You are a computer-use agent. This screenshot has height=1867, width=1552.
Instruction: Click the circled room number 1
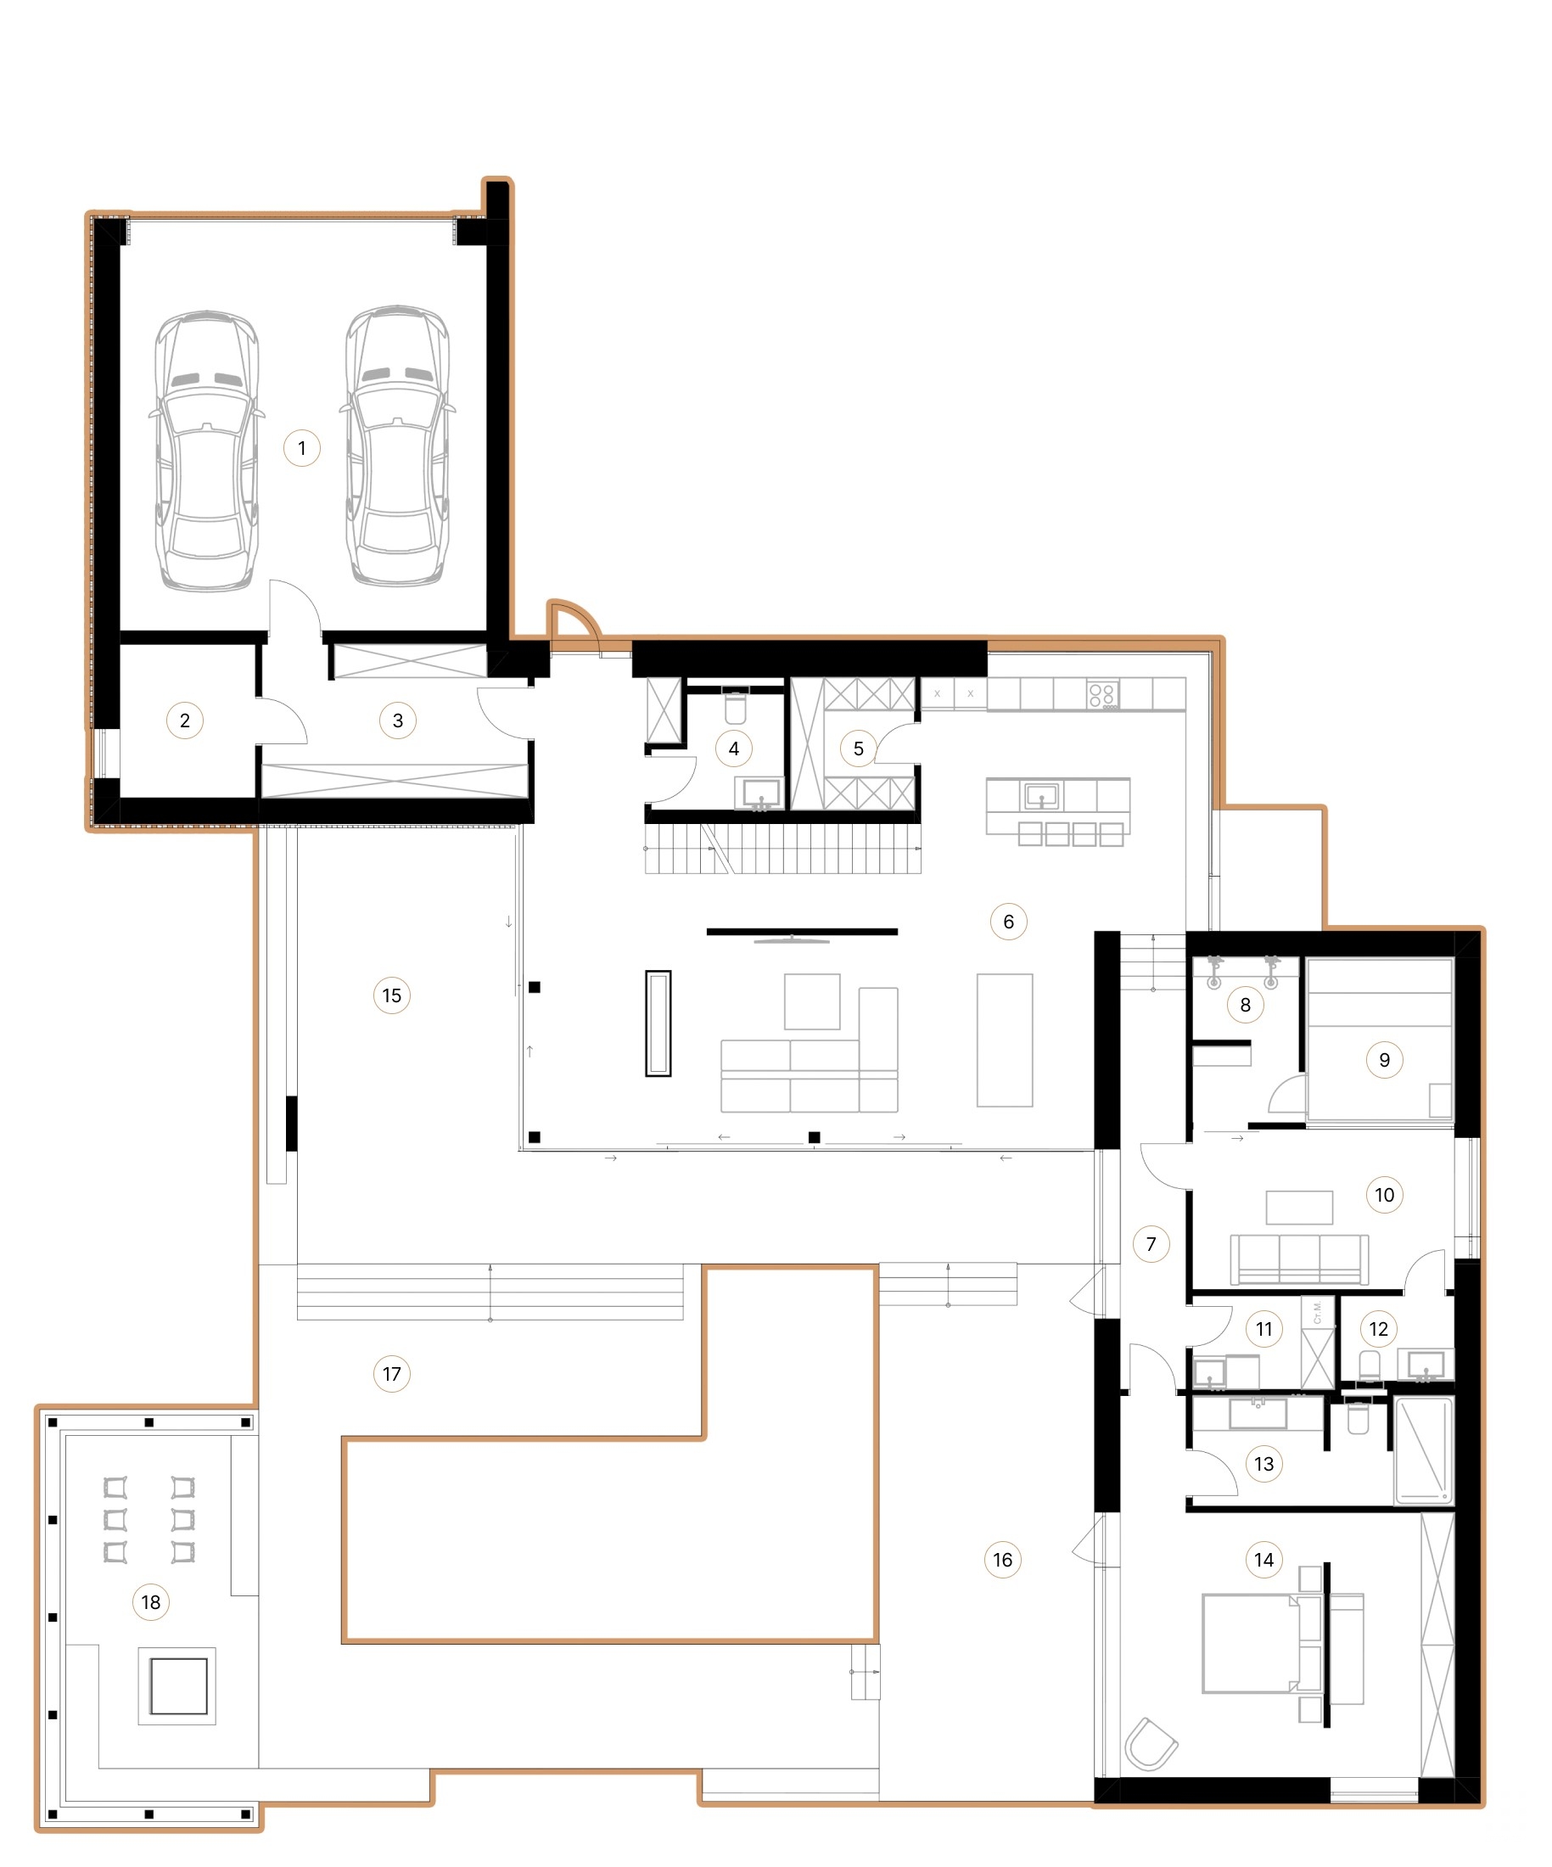(301, 447)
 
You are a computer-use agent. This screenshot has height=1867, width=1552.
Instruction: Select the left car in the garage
(207, 451)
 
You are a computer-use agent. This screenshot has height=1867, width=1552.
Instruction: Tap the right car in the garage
(397, 447)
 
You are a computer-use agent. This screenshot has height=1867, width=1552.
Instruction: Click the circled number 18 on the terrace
(150, 1602)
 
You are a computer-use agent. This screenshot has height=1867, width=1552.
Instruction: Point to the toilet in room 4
(735, 708)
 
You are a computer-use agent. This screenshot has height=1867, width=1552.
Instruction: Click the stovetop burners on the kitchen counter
(1102, 694)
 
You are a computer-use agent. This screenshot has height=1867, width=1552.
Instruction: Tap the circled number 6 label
(1008, 921)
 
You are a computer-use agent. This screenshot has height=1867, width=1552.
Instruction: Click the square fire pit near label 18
(178, 1686)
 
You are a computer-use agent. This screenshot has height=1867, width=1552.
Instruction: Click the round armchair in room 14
(1151, 1744)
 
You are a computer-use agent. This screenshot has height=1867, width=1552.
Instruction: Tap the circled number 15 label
(391, 995)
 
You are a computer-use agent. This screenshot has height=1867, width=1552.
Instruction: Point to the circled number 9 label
(1384, 1059)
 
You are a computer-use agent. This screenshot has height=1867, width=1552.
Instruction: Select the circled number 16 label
(1002, 1560)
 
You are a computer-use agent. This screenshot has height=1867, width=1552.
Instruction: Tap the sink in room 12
(1426, 1365)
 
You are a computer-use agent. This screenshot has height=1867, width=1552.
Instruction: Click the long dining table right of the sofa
(1005, 1040)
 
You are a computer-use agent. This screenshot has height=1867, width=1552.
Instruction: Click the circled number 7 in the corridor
(1151, 1244)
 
